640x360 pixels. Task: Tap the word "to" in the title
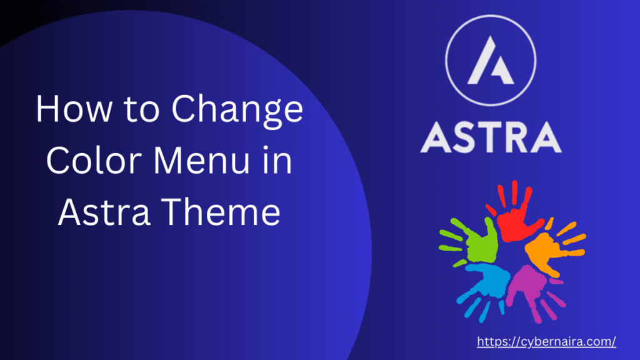click(x=142, y=111)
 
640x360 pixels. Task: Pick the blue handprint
click(x=487, y=282)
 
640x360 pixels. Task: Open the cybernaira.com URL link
click(x=546, y=341)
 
